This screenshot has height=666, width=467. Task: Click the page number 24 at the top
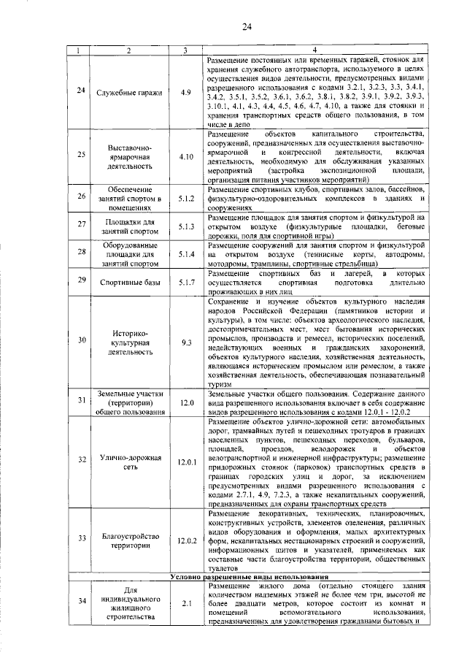247,27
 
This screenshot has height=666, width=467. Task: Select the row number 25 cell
81,156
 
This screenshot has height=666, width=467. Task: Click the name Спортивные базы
128,280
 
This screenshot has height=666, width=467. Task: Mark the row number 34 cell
81,604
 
